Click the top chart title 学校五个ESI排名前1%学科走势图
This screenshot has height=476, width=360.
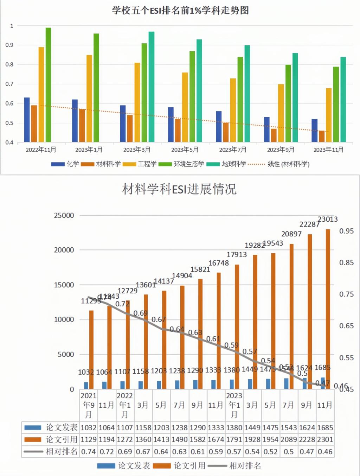pyautogui.click(x=180, y=11)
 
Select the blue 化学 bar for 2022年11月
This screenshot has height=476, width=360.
pyautogui.click(x=27, y=120)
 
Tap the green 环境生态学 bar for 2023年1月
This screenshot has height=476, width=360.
pyautogui.click(x=96, y=88)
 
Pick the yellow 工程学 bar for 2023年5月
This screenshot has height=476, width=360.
pyautogui.click(x=185, y=107)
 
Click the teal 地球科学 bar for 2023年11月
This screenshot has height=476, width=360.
pyautogui.click(x=343, y=100)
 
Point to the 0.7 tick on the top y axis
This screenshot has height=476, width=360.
pyautogui.click(x=9, y=84)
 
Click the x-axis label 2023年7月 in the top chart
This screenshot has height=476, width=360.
pyautogui.click(x=233, y=150)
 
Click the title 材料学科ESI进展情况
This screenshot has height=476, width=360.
pyautogui.click(x=179, y=189)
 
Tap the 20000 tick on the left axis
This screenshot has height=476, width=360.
pyautogui.click(x=64, y=250)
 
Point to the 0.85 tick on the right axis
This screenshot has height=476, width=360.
pyautogui.click(x=346, y=263)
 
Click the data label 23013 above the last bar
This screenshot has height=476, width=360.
pyautogui.click(x=327, y=220)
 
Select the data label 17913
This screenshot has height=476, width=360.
pyautogui.click(x=237, y=255)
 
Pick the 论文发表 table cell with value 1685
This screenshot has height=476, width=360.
pyautogui.click(x=325, y=428)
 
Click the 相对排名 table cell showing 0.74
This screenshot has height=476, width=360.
pyautogui.click(x=88, y=452)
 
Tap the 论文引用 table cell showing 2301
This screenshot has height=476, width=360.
pyautogui.click(x=325, y=440)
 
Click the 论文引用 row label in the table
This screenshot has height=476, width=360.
pyautogui.click(x=62, y=440)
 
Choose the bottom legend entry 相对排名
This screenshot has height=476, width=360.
pyautogui.click(x=245, y=466)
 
